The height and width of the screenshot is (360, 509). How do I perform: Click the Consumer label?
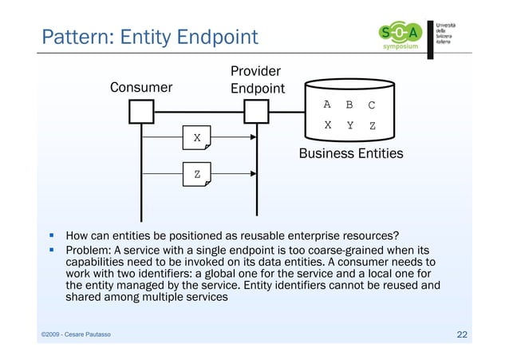141,88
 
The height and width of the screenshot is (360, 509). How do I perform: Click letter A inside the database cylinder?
326,105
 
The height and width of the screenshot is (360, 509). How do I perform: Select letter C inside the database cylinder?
372,105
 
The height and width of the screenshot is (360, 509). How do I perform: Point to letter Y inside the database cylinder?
349,125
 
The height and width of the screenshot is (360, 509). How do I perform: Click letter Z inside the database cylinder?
372,125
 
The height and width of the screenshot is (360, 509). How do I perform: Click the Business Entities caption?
351,153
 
